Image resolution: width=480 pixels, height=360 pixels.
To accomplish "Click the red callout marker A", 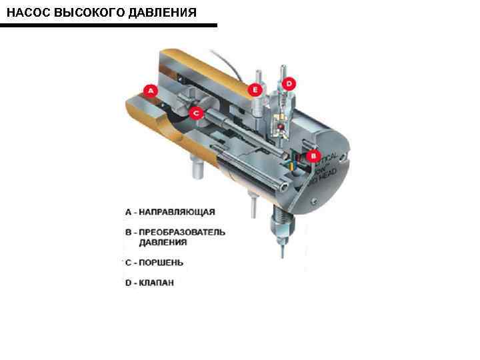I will click(x=151, y=90).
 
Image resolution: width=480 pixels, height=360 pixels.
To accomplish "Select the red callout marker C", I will click(x=196, y=113).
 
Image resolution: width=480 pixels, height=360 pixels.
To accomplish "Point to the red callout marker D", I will click(x=289, y=84).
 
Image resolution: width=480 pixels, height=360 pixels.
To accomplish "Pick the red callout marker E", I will click(x=255, y=89).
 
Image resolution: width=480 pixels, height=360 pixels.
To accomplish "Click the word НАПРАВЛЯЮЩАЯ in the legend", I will click(x=177, y=212).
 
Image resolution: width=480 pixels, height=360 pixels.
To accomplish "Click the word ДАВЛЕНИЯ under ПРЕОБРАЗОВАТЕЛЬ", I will click(x=163, y=243).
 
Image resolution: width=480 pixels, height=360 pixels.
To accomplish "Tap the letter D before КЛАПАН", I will click(x=129, y=283).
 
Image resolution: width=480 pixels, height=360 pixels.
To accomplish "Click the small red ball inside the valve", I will click(x=282, y=126).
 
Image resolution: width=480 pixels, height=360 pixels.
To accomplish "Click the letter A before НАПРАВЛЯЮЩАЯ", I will click(x=129, y=212).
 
